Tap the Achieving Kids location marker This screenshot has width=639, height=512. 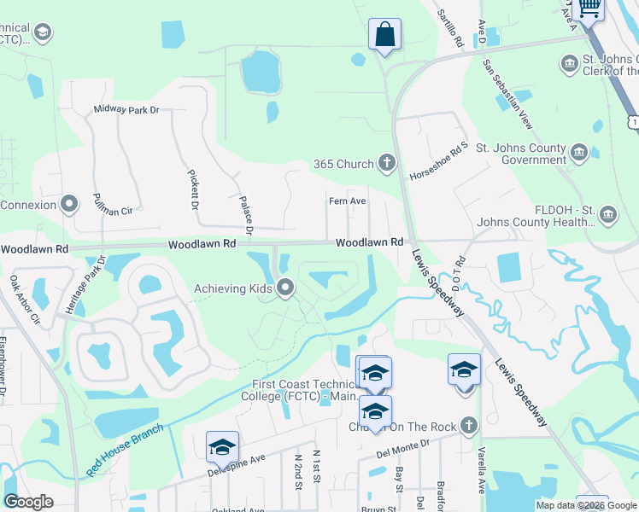286,288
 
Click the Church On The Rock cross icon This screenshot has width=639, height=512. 467,425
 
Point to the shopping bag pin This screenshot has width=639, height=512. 385,37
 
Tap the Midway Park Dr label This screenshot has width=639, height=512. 126,109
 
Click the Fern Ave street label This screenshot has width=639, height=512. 348,201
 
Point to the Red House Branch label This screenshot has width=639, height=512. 124,447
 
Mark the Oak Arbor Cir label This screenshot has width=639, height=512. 25,300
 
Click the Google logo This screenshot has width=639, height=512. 28,502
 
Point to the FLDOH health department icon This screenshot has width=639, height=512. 608,212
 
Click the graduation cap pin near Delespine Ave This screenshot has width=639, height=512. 222,447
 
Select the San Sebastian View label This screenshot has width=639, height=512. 507,95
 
